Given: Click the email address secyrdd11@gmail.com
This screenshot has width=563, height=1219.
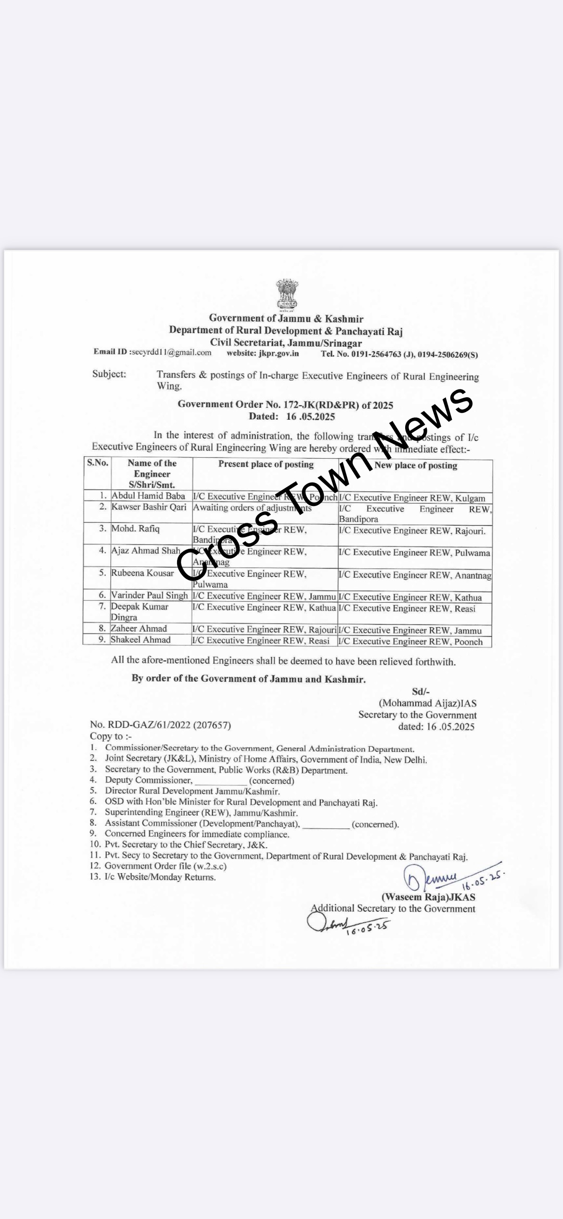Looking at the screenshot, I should tap(171, 352).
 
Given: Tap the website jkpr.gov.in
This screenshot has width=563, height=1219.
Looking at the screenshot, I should tap(279, 353).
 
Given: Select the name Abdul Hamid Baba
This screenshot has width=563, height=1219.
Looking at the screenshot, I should tap(148, 495).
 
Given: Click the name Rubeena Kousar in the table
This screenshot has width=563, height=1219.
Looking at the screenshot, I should tap(142, 573).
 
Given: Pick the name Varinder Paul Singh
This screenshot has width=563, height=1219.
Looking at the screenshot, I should tap(149, 596).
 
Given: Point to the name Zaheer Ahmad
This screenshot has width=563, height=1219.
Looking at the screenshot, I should tap(139, 628).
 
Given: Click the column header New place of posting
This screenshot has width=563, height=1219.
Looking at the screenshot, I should tap(415, 466).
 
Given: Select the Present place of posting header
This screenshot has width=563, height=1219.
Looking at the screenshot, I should tap(266, 464).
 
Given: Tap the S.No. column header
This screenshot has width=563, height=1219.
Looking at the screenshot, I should tap(98, 463).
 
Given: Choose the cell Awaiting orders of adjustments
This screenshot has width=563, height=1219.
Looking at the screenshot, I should tap(252, 507).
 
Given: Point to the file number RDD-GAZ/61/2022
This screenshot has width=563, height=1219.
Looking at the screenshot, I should tap(160, 725).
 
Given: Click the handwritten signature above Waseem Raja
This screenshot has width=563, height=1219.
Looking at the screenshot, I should tap(433, 879).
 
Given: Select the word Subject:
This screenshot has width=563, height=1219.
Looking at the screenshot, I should tap(109, 374).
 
